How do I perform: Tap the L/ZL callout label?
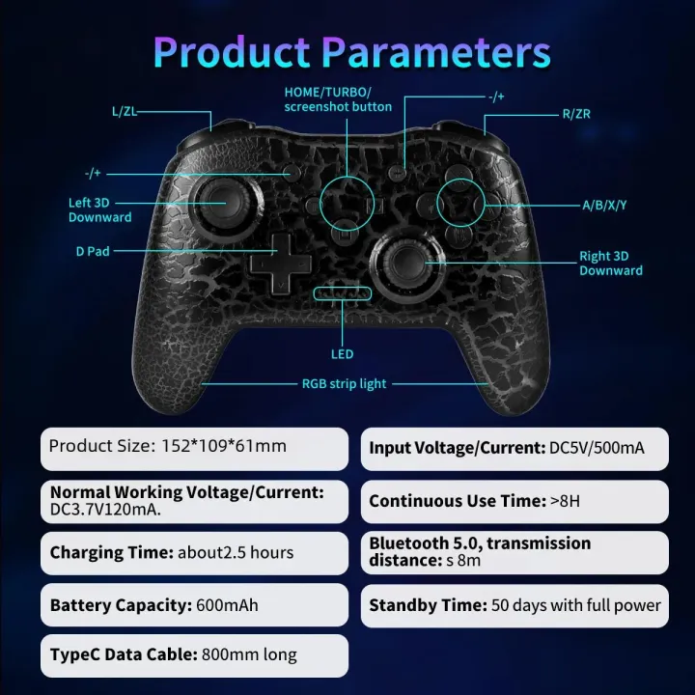coord(125,112)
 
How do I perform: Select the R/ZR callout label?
coord(576,114)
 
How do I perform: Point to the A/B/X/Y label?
coord(604,205)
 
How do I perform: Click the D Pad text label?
coord(93,251)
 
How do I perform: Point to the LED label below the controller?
coord(342,354)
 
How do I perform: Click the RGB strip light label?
coord(344,384)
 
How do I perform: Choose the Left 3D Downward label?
coord(99,209)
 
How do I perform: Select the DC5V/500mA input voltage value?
coord(597,449)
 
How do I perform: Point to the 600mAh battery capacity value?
coord(228,606)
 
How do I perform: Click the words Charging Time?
coord(111,553)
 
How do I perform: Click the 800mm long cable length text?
coord(249,655)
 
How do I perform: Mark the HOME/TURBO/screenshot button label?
coord(338,98)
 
